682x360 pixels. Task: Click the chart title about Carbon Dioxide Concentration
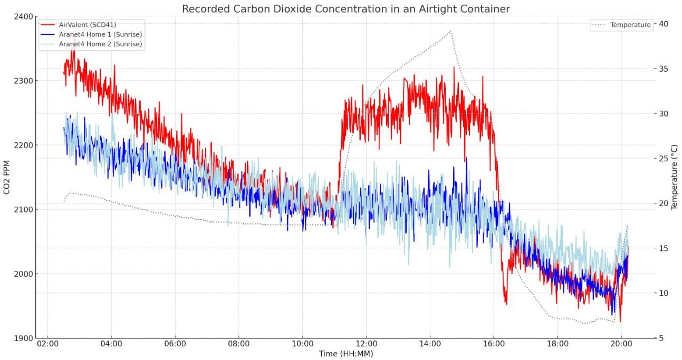coord(345,9)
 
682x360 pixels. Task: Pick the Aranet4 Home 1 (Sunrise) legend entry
coord(100,34)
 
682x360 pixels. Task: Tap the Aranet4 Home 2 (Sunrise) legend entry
coord(100,44)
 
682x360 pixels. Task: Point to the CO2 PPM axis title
coord(7,177)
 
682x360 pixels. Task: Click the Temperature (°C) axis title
coord(674,177)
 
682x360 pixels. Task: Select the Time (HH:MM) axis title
coord(345,353)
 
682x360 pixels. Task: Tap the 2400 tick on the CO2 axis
coord(24,16)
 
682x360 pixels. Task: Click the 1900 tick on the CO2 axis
coord(24,338)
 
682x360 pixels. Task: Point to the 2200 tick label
coord(24,145)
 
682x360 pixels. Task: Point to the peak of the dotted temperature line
coord(450,31)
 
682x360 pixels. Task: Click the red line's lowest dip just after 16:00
coord(506,304)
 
